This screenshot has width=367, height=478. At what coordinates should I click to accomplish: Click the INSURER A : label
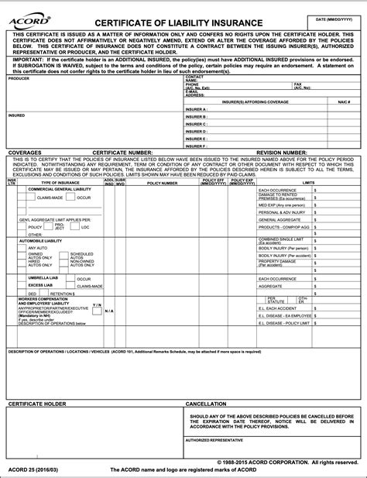197,109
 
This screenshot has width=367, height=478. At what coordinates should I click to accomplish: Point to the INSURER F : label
197,145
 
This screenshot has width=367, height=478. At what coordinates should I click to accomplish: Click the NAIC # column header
345,102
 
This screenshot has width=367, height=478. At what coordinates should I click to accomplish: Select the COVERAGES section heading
26,153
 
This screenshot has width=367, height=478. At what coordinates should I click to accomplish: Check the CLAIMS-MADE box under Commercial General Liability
31,198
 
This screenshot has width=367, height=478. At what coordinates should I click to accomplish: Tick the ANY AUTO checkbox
22,247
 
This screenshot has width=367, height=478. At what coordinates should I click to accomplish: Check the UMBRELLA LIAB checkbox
22,277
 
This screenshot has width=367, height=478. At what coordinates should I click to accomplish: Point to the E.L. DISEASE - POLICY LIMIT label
284,323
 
